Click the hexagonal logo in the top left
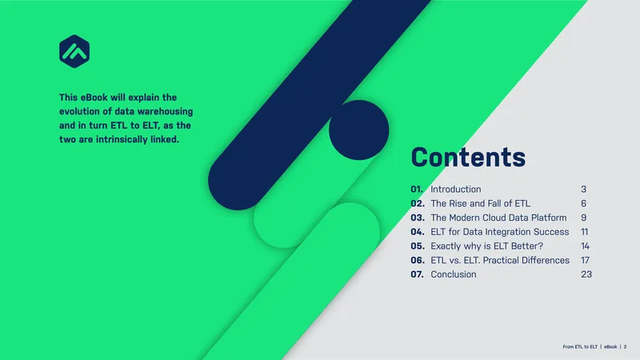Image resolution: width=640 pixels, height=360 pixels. (x=74, y=51)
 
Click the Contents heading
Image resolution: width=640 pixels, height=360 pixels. (x=468, y=157)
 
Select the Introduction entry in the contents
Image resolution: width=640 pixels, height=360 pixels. (x=455, y=190)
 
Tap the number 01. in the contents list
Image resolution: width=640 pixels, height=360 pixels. (x=417, y=190)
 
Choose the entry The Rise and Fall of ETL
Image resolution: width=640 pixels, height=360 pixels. (x=481, y=203)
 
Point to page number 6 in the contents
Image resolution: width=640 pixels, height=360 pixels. (x=584, y=203)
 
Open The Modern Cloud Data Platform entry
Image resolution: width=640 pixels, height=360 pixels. (x=498, y=218)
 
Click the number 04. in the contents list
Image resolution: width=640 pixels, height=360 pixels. (x=418, y=232)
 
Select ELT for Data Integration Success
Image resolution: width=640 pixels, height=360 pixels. (x=499, y=232)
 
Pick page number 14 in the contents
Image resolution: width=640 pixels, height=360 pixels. (x=585, y=246)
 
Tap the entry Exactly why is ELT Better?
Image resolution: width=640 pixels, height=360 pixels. (x=487, y=246)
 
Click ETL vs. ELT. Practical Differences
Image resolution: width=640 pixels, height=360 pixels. (x=500, y=260)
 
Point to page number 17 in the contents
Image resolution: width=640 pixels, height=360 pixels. (x=585, y=260)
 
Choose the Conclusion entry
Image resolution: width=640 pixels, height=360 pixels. (x=454, y=274)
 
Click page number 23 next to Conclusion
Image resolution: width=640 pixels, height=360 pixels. (x=586, y=274)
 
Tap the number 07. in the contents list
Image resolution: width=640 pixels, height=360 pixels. (x=417, y=274)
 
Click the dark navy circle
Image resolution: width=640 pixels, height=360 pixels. (x=358, y=130)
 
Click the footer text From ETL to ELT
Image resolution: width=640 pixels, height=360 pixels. (x=579, y=347)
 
